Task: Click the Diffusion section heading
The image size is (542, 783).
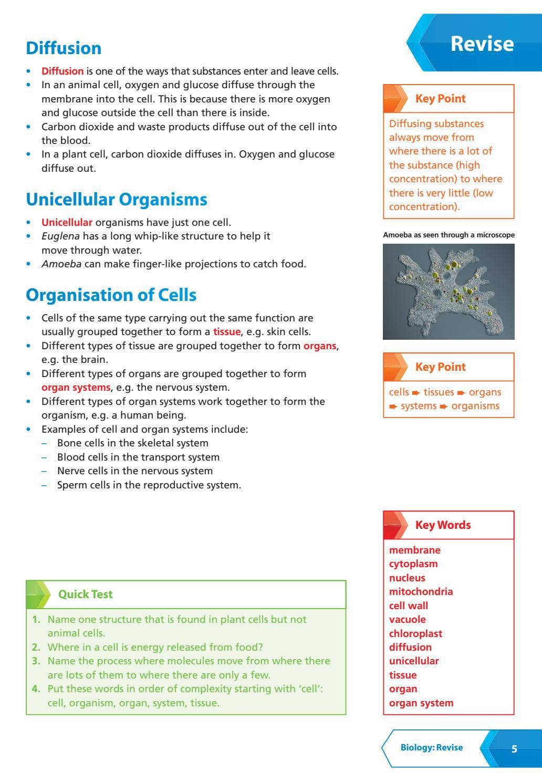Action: click(x=64, y=48)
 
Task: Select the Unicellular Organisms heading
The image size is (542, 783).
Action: click(x=116, y=200)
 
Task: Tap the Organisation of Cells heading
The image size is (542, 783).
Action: click(x=111, y=295)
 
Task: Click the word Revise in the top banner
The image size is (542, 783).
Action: click(x=482, y=44)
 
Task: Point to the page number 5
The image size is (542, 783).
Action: click(x=514, y=749)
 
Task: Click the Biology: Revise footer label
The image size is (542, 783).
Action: click(x=431, y=747)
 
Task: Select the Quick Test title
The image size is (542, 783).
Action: click(x=85, y=594)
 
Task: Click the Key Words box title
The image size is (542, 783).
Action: click(x=443, y=525)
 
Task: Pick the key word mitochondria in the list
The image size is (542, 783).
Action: click(x=420, y=591)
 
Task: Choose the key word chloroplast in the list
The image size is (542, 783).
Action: click(x=415, y=633)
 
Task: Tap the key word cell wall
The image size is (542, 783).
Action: click(x=408, y=605)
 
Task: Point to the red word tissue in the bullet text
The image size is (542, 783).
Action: click(x=226, y=332)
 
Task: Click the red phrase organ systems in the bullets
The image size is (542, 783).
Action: click(x=76, y=388)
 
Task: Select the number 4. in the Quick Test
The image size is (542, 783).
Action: click(x=36, y=688)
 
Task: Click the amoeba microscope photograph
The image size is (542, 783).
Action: click(x=449, y=291)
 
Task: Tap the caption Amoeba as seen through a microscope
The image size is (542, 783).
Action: click(x=449, y=235)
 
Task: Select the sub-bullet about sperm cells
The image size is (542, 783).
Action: click(x=149, y=485)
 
